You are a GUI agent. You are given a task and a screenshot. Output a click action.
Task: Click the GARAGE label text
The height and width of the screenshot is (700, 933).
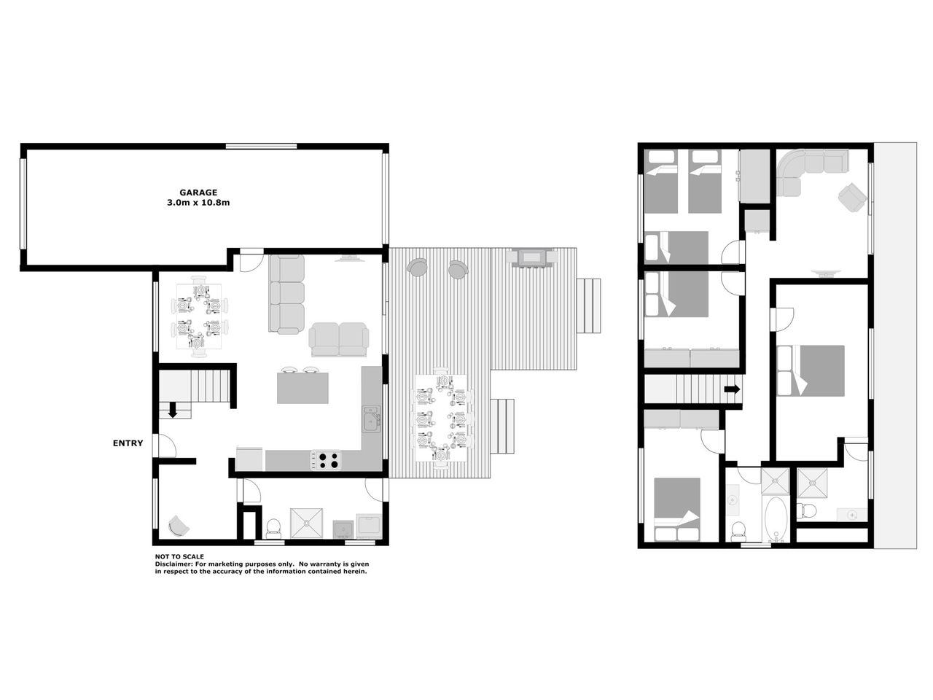[198, 192]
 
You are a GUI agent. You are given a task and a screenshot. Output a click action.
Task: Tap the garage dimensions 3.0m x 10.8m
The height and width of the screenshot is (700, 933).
[198, 203]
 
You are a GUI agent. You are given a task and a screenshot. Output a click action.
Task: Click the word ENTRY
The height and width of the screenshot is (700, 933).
[128, 443]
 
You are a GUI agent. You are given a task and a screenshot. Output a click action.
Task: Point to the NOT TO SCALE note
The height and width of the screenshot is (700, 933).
[179, 556]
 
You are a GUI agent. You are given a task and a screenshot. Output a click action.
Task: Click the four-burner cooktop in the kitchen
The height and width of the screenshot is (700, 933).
[327, 460]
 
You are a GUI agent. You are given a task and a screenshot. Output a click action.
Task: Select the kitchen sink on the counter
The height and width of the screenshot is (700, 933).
[372, 419]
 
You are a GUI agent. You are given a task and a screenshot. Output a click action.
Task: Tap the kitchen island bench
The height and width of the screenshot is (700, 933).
[302, 388]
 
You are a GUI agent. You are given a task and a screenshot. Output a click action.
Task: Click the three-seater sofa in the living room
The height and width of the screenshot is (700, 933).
[286, 294]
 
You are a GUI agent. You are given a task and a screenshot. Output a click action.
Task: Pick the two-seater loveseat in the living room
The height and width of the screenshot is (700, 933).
[339, 339]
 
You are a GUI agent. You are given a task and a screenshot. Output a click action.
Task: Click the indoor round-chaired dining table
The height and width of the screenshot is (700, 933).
[199, 316]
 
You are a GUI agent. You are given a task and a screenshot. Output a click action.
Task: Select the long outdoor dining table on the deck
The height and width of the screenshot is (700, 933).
[441, 417]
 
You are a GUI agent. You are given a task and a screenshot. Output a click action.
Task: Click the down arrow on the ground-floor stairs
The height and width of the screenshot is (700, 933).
[173, 410]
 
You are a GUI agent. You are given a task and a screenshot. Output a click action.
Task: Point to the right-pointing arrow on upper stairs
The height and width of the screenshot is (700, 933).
[732, 389]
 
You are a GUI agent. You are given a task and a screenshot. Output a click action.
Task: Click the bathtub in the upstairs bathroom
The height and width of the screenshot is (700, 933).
[776, 519]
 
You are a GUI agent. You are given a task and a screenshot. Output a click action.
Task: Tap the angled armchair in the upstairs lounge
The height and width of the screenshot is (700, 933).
[852, 197]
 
